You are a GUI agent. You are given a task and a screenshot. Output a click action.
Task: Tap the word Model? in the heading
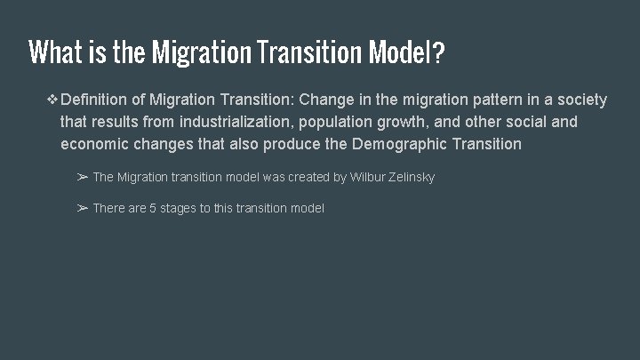404,53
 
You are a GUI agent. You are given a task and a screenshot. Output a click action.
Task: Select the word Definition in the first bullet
99,100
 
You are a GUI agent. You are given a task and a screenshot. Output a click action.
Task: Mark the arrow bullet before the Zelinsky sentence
81,177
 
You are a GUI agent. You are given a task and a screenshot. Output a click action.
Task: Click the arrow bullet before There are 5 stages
81,208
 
